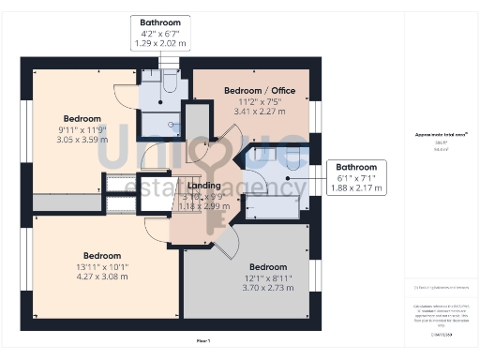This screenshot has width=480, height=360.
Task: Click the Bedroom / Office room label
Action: pos(260,90)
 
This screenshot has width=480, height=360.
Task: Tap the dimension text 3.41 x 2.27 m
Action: pos(260,109)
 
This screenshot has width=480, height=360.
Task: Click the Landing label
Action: pos(204,186)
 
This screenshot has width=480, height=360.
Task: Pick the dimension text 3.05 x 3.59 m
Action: pos(82,139)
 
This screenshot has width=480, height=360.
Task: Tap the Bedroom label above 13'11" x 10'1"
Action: pos(101,256)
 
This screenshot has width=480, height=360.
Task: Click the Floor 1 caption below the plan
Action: pos(203,338)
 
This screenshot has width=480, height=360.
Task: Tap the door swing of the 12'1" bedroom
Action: pos(225,246)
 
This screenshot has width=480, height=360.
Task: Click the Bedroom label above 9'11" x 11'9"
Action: pos(82,119)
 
